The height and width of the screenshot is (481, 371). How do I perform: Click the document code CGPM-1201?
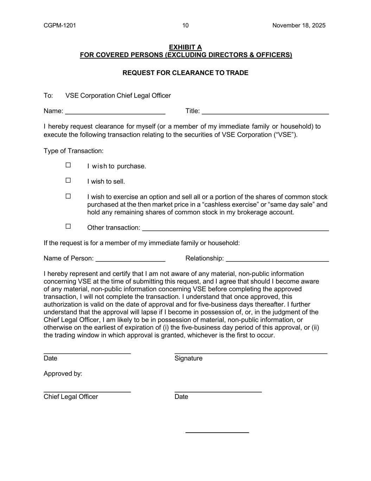click(60, 25)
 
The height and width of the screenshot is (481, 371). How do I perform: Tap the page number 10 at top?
click(185, 25)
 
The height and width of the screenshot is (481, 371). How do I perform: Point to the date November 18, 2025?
click(299, 25)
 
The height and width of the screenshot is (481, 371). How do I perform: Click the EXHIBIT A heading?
click(185, 47)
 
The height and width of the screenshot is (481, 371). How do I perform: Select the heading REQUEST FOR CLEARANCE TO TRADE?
click(185, 73)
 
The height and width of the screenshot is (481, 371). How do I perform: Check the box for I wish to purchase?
click(68, 165)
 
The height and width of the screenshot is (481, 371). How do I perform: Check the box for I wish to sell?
click(68, 180)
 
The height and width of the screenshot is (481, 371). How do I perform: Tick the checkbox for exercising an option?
click(68, 196)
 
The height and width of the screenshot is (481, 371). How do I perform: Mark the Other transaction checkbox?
click(68, 226)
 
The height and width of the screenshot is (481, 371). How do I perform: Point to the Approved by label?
click(63, 374)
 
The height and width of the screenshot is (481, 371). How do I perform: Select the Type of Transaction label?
click(73, 151)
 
